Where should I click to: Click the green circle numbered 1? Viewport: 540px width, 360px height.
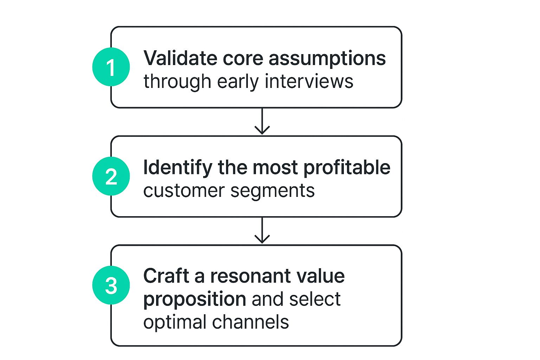pyautogui.click(x=111, y=67)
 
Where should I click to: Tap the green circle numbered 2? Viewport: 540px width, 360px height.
pyautogui.click(x=111, y=176)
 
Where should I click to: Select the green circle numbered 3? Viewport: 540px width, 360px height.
pyautogui.click(x=111, y=285)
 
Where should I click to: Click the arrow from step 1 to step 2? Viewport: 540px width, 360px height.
pyautogui.click(x=262, y=121)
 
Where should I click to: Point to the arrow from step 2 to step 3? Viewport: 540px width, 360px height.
pyautogui.click(x=262, y=231)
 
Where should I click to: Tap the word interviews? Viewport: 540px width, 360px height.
pyautogui.click(x=309, y=81)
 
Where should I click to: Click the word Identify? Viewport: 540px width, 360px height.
pyautogui.click(x=178, y=168)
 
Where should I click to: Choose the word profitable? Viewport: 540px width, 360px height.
pyautogui.click(x=347, y=168)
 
